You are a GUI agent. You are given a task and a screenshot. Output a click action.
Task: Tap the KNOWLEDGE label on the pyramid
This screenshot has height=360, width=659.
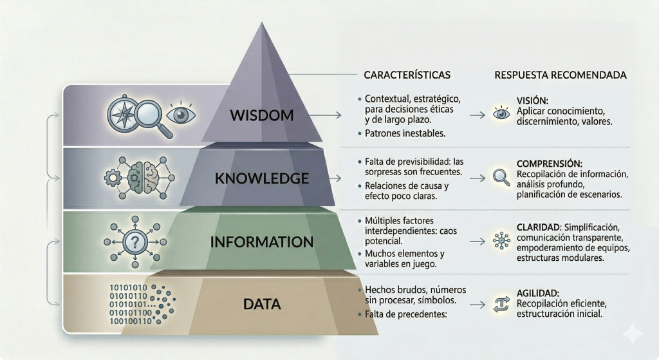[263, 178]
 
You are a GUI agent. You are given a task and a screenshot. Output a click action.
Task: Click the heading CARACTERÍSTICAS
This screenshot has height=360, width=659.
[407, 75]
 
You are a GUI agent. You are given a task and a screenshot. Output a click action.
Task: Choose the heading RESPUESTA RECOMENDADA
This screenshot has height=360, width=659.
[561, 75]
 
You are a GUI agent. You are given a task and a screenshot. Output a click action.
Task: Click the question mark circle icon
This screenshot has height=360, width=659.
[135, 243]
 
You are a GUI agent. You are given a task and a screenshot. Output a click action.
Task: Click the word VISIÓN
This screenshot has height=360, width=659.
[532, 100]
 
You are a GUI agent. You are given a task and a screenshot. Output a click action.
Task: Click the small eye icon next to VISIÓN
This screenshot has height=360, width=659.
[501, 113]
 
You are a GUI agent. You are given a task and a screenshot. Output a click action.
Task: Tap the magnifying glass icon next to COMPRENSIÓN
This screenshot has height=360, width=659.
[501, 176]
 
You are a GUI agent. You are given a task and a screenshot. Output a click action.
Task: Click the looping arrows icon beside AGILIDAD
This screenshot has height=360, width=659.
[501, 303]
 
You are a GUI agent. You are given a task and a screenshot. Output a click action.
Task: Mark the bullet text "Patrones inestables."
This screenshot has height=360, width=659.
[404, 133]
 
